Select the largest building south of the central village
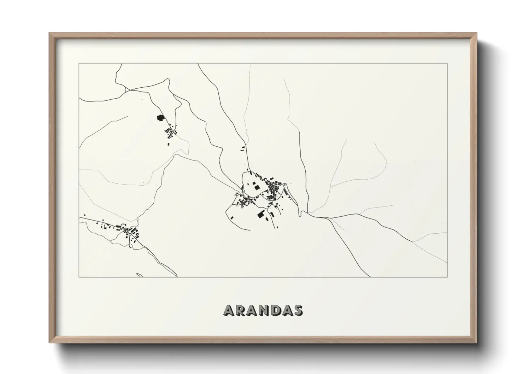(261, 214)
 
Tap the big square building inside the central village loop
(257, 187)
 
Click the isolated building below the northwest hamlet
(169, 143)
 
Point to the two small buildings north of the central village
(242, 148)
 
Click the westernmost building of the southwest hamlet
(84, 216)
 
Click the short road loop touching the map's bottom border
(139, 275)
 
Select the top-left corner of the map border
(79, 63)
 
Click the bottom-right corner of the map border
(447, 277)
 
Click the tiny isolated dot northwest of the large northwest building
(142, 100)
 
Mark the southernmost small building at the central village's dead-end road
(277, 227)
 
